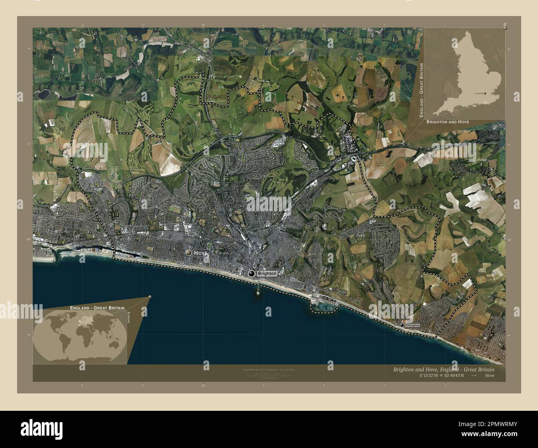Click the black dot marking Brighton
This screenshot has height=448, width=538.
point(252,274)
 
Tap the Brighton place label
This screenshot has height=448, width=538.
point(266,274)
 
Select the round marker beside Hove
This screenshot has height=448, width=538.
point(189,252)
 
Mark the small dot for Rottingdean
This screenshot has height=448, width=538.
point(402,326)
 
